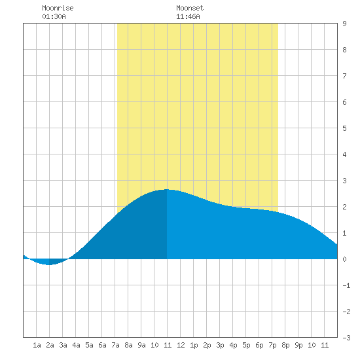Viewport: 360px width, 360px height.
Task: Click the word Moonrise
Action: coord(58,8)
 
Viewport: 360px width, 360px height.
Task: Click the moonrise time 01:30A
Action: coord(54,16)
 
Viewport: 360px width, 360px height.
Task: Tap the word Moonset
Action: coord(190,8)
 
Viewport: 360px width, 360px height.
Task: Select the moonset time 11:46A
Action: coord(188,16)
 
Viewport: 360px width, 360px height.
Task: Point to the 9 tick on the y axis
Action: coord(344,24)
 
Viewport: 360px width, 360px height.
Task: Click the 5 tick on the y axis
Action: coord(344,128)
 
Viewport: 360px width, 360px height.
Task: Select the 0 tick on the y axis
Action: coord(344,259)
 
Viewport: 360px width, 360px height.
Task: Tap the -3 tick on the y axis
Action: coord(346,338)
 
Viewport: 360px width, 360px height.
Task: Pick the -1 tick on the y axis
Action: coord(346,285)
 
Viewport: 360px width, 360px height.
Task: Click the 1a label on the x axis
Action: coord(37,345)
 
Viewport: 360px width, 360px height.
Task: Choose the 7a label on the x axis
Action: coord(115,345)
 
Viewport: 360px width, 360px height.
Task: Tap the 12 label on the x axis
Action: coord(181,345)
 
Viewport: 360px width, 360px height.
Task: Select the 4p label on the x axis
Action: coord(233,345)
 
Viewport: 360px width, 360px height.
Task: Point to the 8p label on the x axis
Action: coord(285,345)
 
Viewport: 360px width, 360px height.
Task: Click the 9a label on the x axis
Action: coord(141,345)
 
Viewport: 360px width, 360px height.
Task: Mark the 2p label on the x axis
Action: coord(207,345)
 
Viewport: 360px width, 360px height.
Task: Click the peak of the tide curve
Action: coord(167,189)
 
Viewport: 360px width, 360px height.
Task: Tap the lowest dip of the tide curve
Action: coord(49,264)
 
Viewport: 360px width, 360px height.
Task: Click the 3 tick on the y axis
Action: coord(344,181)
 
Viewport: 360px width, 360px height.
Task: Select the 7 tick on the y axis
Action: coord(344,76)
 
